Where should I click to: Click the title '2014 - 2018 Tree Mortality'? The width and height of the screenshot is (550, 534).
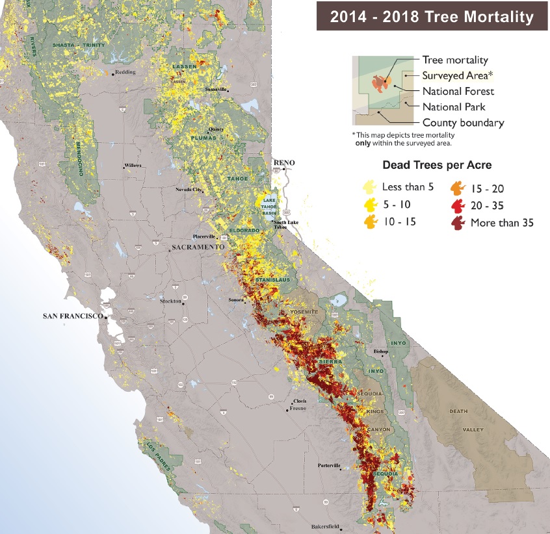(x=431, y=16)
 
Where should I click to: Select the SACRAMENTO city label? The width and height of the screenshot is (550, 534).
(x=198, y=248)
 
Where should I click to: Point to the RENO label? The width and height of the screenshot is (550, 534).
(x=284, y=162)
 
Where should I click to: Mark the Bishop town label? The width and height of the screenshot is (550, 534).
(x=380, y=351)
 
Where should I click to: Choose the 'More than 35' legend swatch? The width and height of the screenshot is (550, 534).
(x=458, y=222)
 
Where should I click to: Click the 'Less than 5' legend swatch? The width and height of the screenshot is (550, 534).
(x=370, y=188)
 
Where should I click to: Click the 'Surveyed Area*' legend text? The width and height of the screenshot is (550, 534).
(x=453, y=75)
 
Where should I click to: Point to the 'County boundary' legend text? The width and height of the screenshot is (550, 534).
(x=463, y=123)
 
